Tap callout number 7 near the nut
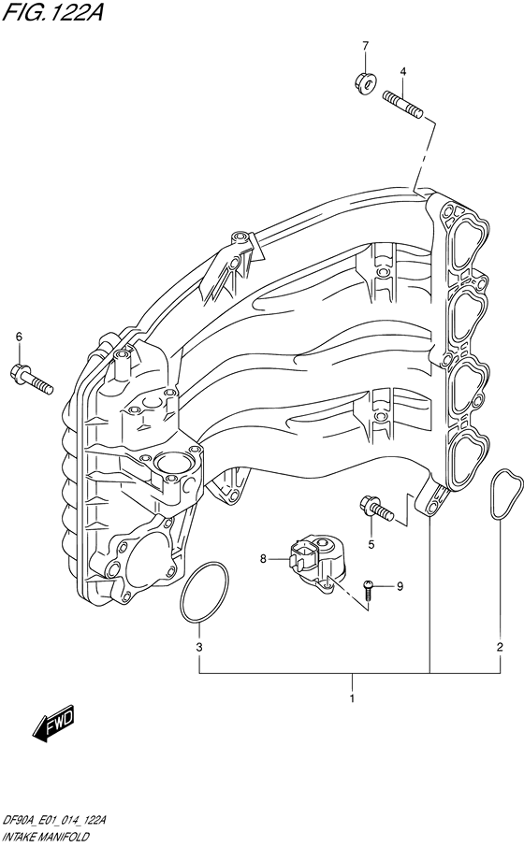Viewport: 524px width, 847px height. coord(366,46)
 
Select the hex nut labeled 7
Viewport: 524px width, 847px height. coord(366,83)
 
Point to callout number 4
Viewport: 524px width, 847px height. coord(402,71)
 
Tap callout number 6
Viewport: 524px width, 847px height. coord(18,337)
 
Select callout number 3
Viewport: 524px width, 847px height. coord(198,647)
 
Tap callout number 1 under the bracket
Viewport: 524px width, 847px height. coord(352,697)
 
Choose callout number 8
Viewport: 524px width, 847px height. coord(264,559)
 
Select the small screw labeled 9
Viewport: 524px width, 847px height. coord(370,587)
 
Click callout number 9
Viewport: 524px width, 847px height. coord(399,586)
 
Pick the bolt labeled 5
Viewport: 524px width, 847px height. coord(374,509)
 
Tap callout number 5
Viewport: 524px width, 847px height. coord(371,544)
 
